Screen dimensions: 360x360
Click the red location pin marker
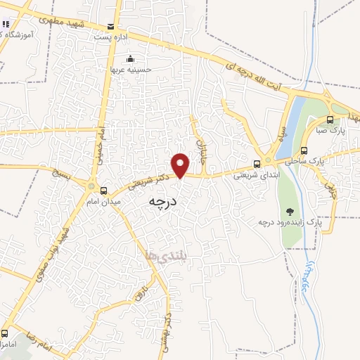(181, 165)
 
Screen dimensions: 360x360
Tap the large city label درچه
(165, 202)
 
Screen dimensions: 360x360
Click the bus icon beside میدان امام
(104, 191)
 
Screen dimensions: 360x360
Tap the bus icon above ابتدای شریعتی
(257, 165)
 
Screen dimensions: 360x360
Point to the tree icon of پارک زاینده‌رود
(290, 211)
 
